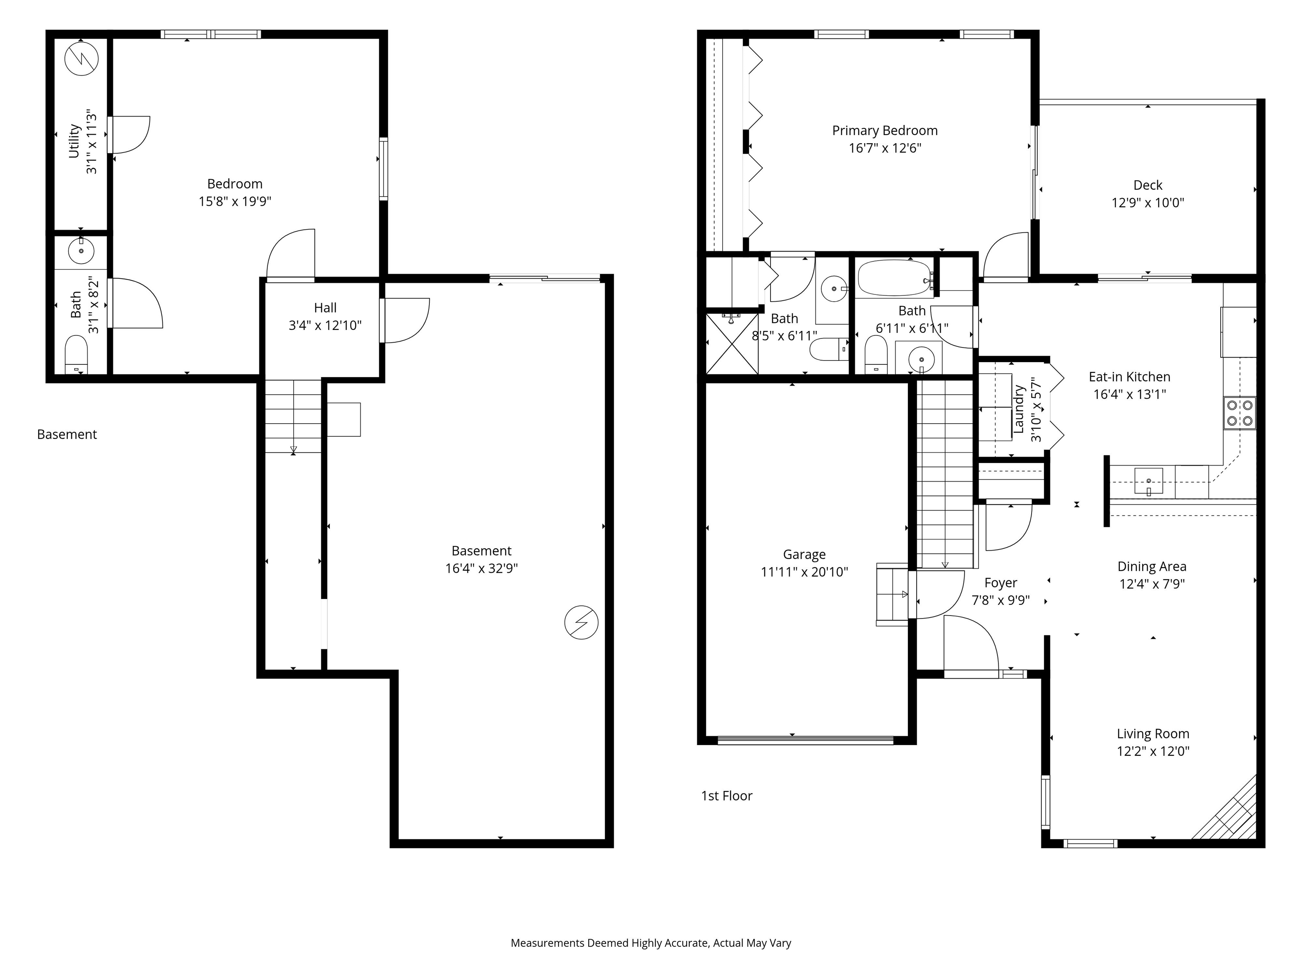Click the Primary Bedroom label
[884, 130]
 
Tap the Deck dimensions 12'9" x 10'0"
[1147, 203]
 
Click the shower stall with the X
[732, 344]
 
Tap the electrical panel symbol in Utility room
[81, 58]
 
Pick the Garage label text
[804, 555]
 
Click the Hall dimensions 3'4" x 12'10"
[325, 325]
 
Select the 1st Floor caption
[726, 796]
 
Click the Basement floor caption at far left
[67, 435]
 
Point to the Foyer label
[1001, 583]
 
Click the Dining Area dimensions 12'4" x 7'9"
[1152, 584]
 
